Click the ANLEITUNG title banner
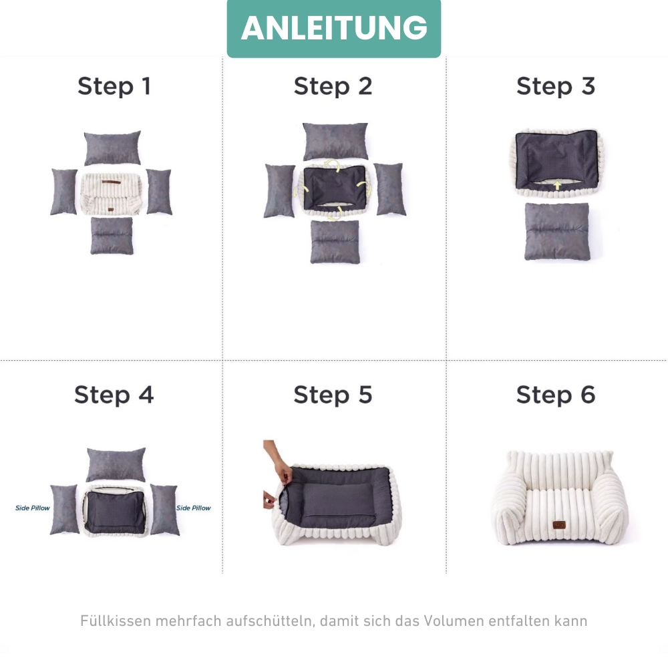[x=334, y=28]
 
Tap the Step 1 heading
[x=114, y=86]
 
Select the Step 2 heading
[x=333, y=86]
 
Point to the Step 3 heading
[x=556, y=86]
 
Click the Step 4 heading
[x=114, y=395]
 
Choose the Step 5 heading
[x=333, y=395]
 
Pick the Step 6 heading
[x=556, y=395]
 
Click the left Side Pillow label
[x=33, y=508]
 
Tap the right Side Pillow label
[x=194, y=508]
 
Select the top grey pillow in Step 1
[x=112, y=148]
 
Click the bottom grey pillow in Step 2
[x=335, y=241]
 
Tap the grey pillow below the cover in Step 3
[x=557, y=231]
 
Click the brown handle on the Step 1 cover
[x=112, y=181]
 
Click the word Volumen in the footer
[x=452, y=621]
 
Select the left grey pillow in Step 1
[x=64, y=192]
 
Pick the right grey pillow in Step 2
[x=389, y=189]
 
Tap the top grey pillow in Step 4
[x=116, y=464]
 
